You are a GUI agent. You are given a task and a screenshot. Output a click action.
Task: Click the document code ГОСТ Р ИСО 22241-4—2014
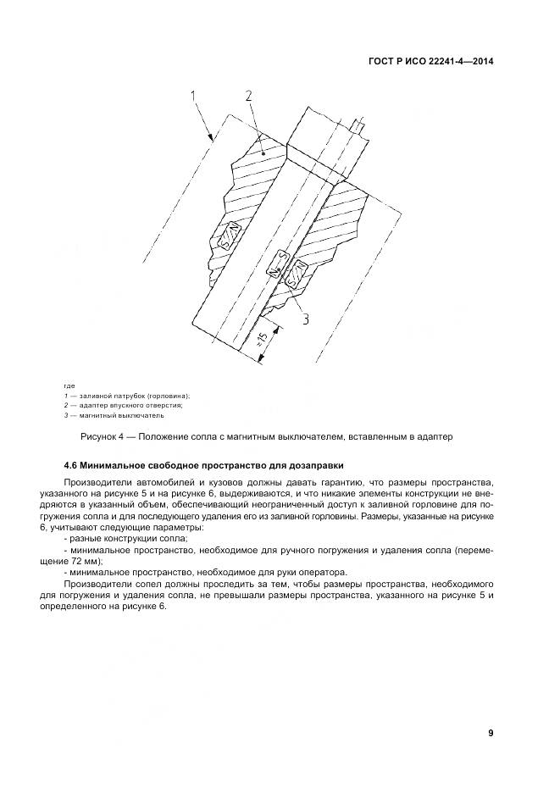point(432,61)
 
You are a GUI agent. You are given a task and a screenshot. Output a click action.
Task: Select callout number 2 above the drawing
point(249,97)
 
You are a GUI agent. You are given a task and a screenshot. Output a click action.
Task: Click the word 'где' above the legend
point(69,387)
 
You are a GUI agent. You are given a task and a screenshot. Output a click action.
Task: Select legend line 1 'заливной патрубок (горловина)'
point(127,396)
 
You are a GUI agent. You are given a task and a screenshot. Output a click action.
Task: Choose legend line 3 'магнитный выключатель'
point(114,415)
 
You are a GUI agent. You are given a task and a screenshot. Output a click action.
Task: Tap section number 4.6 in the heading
point(72,465)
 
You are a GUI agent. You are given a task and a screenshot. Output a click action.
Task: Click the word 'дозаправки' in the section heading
point(314,465)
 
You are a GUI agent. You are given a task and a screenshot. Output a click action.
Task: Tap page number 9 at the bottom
point(491,733)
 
